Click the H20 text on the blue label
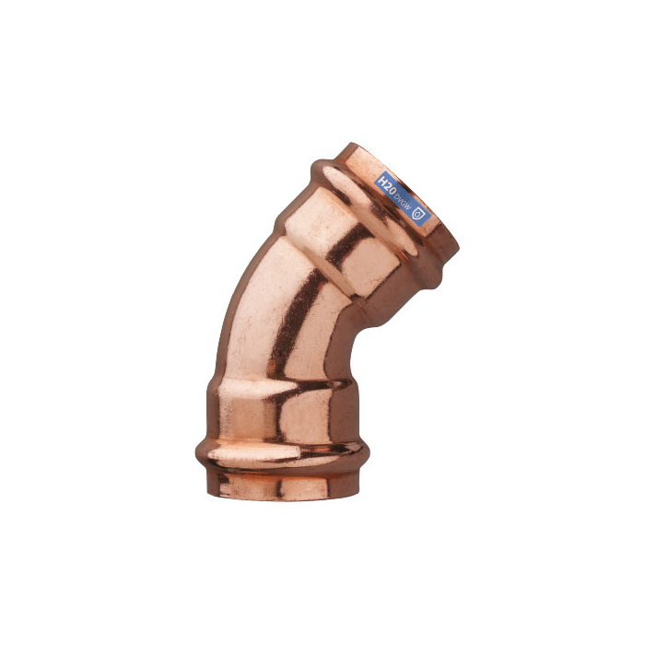point(384,181)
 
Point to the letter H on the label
point(379,175)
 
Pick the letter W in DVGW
point(408,205)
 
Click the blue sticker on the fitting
point(401,196)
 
